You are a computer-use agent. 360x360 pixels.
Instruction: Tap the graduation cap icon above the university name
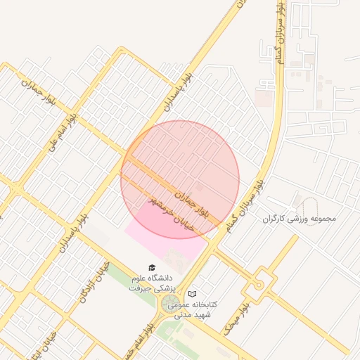[153, 266]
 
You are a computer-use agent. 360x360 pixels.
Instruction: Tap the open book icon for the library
[193, 292]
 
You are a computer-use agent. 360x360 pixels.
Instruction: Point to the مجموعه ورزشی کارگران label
[300, 218]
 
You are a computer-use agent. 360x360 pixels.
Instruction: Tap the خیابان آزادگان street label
[96, 280]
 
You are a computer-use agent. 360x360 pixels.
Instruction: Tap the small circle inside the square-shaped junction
[259, 284]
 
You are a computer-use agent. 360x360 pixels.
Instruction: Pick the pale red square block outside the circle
[264, 97]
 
